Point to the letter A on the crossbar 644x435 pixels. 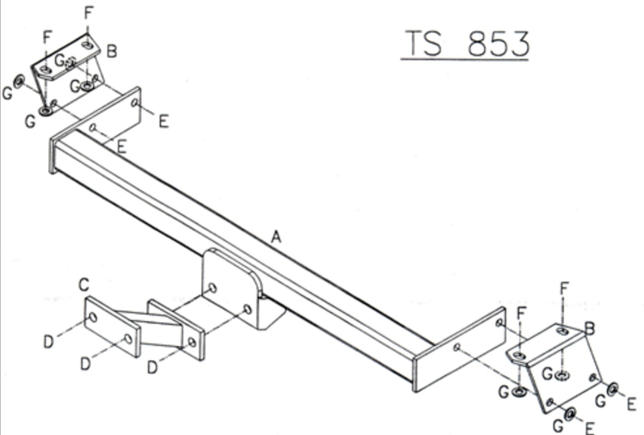click(276, 237)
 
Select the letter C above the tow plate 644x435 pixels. click(84, 285)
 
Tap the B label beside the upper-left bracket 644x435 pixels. click(112, 52)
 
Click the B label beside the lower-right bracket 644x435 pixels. click(590, 329)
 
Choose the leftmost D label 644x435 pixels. click(49, 342)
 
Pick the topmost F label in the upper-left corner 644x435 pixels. click(89, 12)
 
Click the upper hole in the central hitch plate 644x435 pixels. click(213, 288)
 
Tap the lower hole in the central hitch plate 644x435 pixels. click(248, 310)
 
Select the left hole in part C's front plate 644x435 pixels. click(93, 318)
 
